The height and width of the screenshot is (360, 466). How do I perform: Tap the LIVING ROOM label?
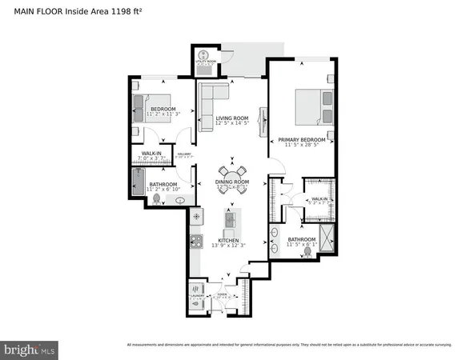click(x=233, y=118)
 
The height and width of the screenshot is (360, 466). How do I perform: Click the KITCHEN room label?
click(x=227, y=240)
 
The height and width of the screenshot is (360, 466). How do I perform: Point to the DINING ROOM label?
click(x=233, y=182)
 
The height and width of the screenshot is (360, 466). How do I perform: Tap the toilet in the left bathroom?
click(x=157, y=198)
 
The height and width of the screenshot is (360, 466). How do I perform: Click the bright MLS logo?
click(x=30, y=349)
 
